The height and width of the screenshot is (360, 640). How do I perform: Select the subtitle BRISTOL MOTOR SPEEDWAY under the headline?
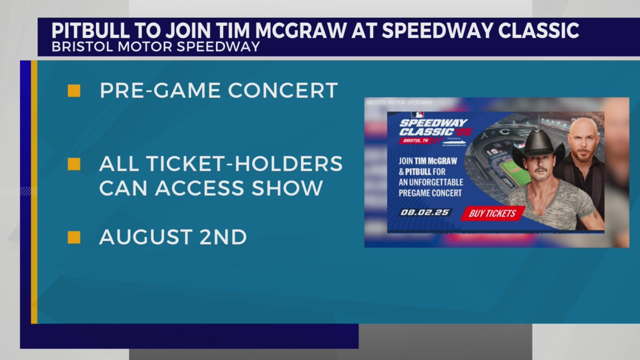155,46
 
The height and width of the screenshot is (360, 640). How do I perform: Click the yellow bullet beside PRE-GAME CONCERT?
74,91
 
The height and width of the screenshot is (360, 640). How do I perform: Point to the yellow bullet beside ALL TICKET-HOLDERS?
74,164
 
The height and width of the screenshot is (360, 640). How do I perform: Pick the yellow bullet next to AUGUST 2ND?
74,237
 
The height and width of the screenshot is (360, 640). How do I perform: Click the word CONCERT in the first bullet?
283,90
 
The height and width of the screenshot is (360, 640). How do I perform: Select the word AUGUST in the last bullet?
145,237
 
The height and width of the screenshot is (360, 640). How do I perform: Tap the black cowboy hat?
538,144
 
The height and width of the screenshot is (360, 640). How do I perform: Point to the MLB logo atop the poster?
417,114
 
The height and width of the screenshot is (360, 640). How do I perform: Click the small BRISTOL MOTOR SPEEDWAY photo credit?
399,102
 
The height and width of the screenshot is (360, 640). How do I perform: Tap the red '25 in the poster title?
462,132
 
